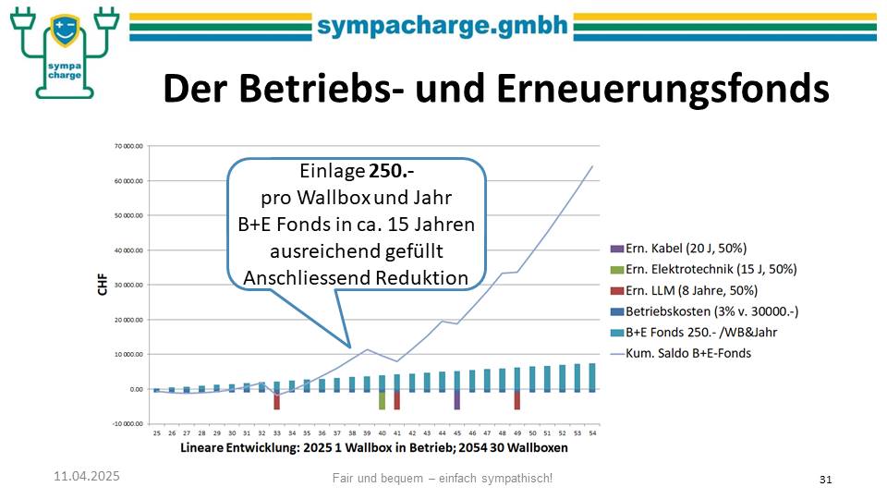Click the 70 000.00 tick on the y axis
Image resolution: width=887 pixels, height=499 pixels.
tap(127, 146)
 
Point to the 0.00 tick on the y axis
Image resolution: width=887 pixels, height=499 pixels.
tap(135, 389)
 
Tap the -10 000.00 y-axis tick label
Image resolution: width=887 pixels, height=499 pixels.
tap(125, 424)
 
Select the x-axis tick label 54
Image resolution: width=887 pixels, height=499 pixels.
tap(591, 432)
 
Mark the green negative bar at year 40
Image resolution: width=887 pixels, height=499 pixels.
tap(382, 400)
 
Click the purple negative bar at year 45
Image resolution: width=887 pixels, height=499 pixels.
tap(456, 400)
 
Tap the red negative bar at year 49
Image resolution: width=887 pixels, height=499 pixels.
tap(516, 400)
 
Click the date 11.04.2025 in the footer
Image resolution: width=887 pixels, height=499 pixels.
tap(86, 476)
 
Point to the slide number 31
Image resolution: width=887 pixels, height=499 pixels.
tap(826, 479)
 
